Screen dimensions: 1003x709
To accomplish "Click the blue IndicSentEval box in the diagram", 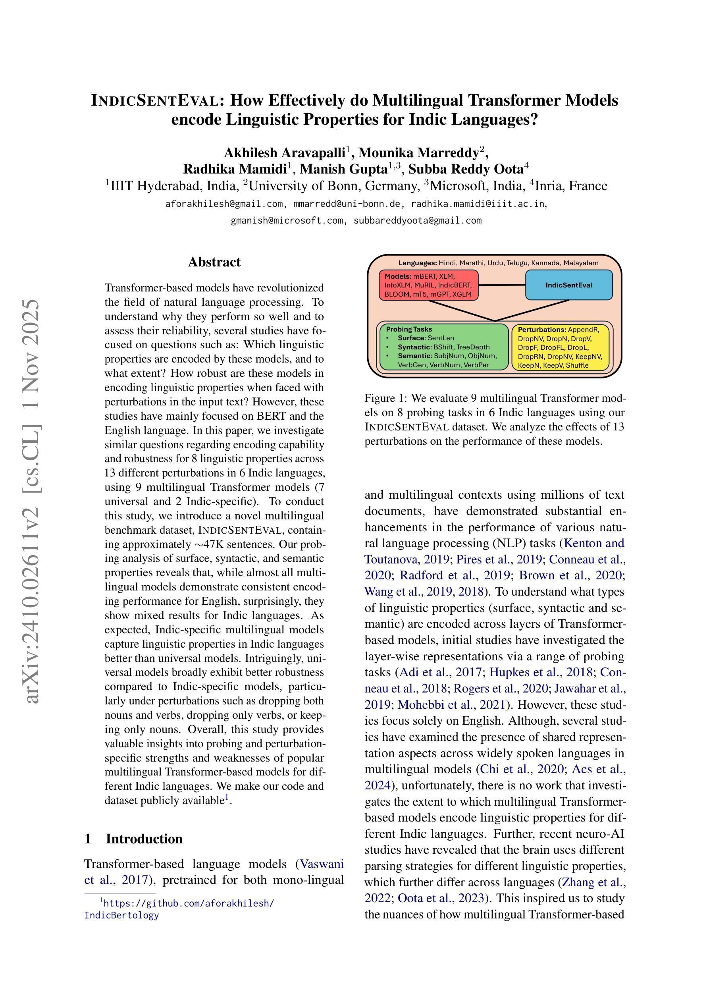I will [x=568, y=285].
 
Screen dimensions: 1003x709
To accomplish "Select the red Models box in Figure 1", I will [x=428, y=285].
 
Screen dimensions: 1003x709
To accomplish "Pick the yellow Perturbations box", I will [x=560, y=347].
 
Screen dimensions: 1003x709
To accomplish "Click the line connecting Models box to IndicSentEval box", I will [x=501, y=285].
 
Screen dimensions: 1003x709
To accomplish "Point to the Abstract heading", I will [x=214, y=262].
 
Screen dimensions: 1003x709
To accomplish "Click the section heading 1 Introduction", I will [x=134, y=839].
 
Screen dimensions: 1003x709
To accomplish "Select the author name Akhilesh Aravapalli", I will [x=285, y=153].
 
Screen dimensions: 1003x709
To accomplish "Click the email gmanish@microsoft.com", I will [x=287, y=221].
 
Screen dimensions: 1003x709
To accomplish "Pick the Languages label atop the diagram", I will [x=417, y=263].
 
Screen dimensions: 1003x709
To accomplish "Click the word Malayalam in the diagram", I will [x=580, y=263].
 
